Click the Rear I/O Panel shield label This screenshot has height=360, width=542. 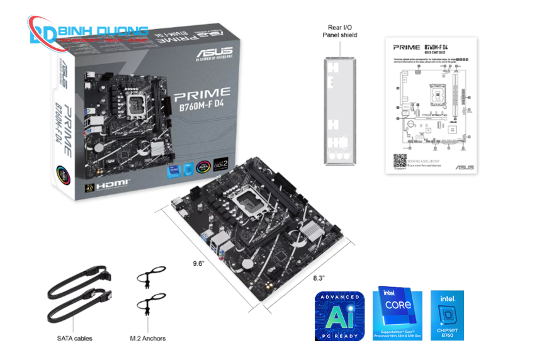340,31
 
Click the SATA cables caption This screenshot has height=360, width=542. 74,338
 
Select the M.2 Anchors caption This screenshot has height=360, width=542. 148,338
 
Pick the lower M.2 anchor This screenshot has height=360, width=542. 150,303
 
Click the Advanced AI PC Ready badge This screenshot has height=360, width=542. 339,315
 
